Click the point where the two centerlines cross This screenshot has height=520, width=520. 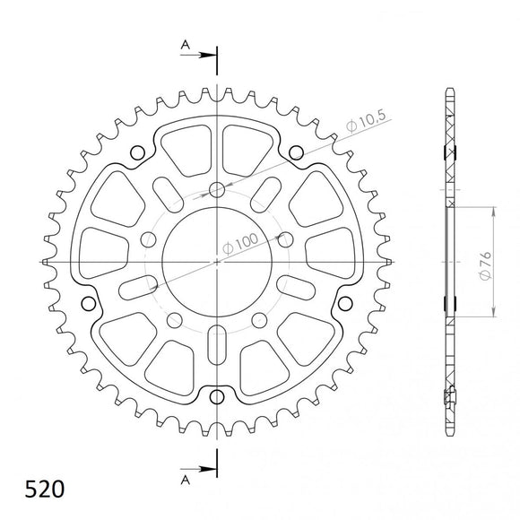(x=217, y=261)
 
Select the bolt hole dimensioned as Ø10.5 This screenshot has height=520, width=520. (x=217, y=189)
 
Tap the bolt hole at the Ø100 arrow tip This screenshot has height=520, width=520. (x=285, y=238)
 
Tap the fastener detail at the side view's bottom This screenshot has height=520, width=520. (x=452, y=394)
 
